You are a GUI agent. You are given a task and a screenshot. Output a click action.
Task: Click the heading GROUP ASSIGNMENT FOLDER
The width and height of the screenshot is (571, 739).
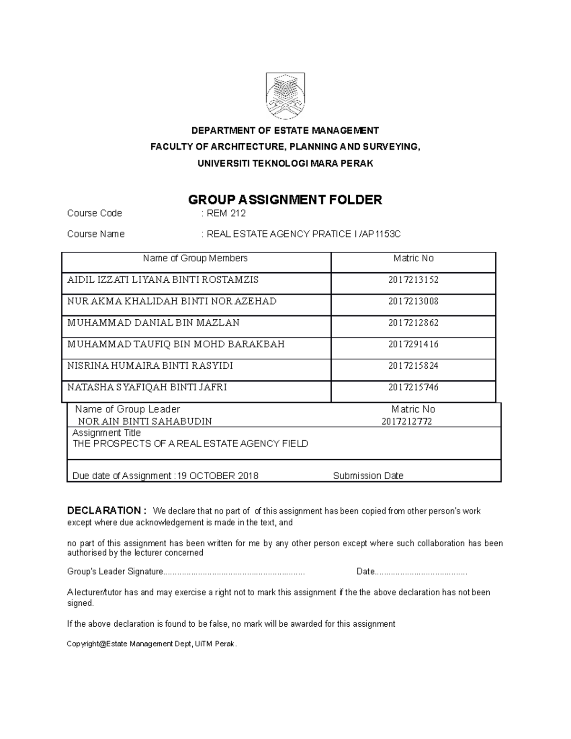tap(285, 200)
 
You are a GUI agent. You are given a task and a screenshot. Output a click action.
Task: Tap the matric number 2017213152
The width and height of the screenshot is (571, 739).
tap(413, 280)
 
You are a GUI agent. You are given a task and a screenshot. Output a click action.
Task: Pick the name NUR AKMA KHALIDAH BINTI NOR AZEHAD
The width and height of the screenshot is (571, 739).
tap(172, 301)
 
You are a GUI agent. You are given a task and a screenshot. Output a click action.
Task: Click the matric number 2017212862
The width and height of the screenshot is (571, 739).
tap(413, 323)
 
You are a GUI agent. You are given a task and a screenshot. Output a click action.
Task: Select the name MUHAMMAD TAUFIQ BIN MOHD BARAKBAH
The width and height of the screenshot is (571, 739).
tap(176, 344)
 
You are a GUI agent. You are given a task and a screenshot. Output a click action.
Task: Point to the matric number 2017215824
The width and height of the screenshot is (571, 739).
tap(413, 365)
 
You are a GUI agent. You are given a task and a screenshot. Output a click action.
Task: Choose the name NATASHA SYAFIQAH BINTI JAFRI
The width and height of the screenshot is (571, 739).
tap(147, 387)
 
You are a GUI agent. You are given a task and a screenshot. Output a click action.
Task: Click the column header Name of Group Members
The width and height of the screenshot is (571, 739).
tap(195, 258)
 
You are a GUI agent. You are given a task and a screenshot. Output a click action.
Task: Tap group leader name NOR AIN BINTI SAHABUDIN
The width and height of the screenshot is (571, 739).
tap(145, 421)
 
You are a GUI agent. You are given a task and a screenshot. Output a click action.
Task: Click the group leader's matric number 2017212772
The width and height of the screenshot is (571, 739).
tap(406, 421)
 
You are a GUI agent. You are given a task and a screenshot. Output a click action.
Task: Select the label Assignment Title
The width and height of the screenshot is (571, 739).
tap(107, 433)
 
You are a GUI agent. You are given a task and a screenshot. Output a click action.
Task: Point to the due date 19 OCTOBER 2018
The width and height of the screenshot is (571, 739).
tap(218, 476)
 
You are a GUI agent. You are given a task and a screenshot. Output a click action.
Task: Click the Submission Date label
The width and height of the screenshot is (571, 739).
tap(368, 476)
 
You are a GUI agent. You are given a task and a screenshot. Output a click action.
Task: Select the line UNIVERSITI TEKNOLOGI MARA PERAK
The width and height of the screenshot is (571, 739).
tap(285, 164)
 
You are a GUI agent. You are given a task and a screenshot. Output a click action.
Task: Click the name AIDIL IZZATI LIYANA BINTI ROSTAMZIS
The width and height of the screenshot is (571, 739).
tap(163, 280)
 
